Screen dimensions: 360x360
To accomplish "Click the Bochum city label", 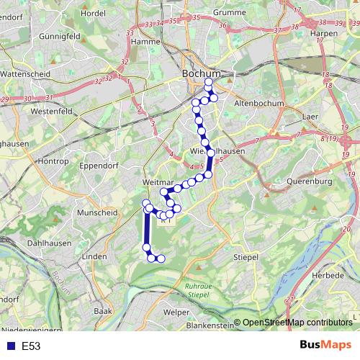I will point(199,73).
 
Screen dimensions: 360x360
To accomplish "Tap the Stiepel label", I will point(246,256).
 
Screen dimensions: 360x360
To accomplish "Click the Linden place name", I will point(94,256).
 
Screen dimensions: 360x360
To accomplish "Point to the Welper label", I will point(176,312).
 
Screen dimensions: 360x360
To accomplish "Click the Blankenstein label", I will point(209,325).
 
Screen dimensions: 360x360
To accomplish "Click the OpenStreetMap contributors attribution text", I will point(297,323).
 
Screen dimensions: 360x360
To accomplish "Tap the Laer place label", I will point(310,115).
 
